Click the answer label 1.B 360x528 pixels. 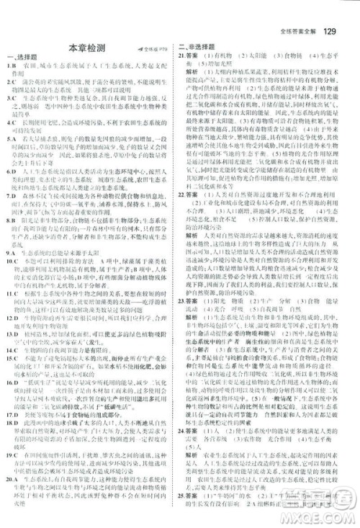[11, 66]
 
